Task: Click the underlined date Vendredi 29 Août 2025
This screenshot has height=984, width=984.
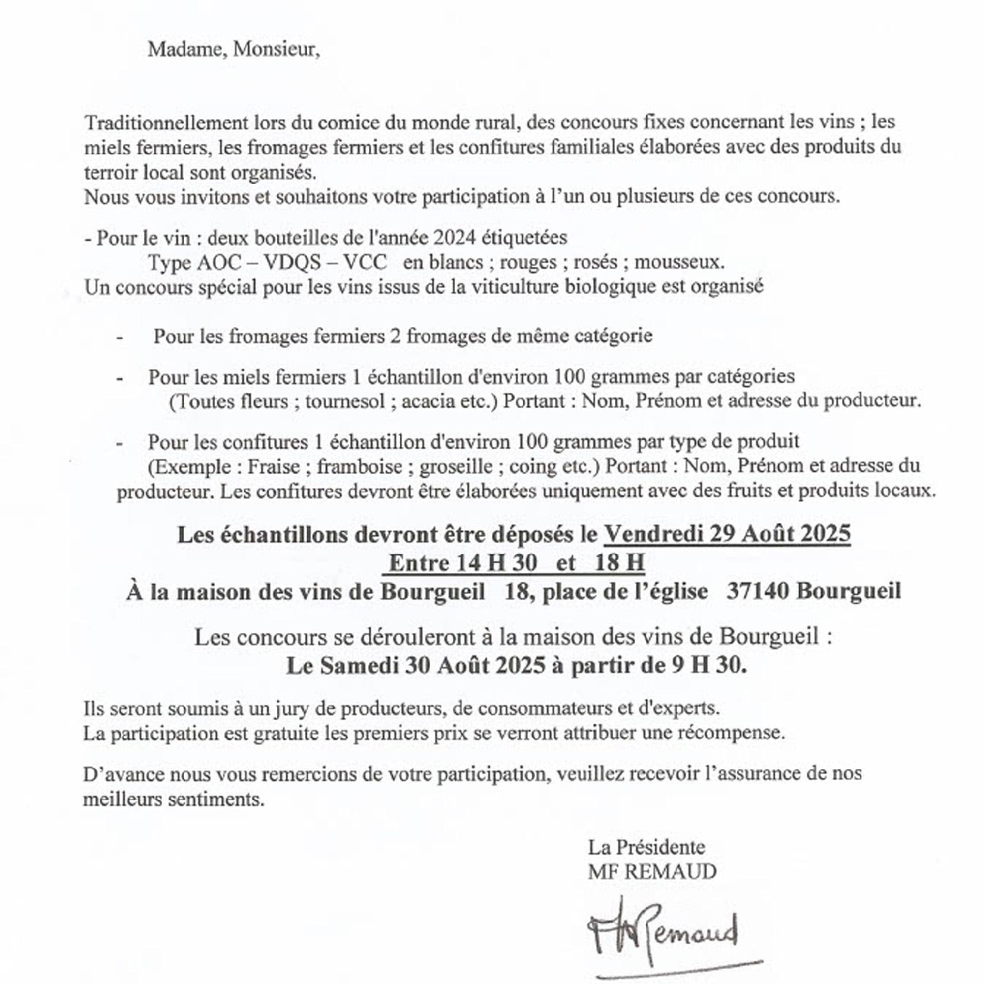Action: pyautogui.click(x=727, y=534)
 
